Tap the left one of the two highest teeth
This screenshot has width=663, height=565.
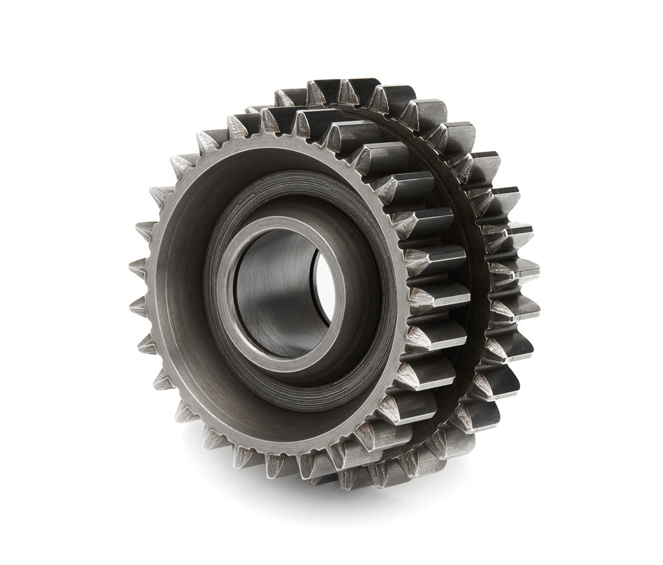(x=324, y=90)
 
